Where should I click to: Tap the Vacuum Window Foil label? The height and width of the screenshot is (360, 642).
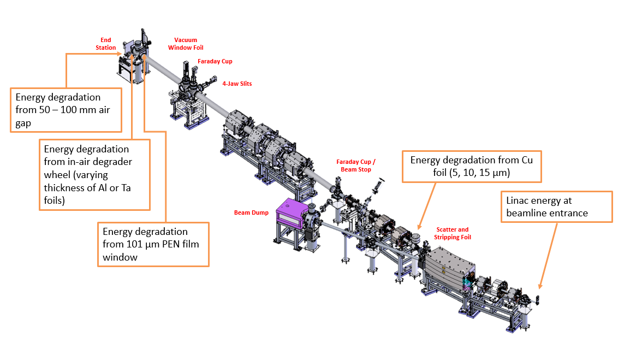coord(186,44)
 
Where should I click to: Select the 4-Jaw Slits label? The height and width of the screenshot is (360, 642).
coord(237,84)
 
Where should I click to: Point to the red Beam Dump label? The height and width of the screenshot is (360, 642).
coord(251,213)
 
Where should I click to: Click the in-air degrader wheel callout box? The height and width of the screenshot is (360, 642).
coord(95,174)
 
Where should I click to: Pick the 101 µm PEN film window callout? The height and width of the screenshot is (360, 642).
coord(153,244)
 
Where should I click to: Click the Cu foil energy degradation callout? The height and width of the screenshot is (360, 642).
coord(471,167)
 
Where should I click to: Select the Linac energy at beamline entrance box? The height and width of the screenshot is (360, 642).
coord(556,206)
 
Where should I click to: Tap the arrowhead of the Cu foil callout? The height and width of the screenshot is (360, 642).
coord(419,227)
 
